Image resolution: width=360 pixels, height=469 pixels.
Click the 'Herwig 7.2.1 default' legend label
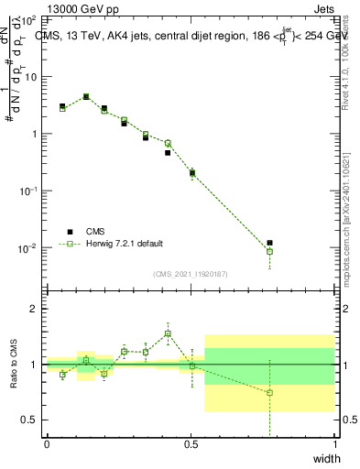(125, 244)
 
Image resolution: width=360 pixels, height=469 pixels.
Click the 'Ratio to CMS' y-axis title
(13, 365)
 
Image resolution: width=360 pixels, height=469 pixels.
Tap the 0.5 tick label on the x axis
(191, 444)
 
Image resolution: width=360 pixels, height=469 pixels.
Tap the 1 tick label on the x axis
(335, 444)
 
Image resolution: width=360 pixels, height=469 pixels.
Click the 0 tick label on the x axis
(47, 444)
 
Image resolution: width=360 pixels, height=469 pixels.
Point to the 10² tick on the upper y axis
(27, 19)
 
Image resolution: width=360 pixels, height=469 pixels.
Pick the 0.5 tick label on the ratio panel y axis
(27, 420)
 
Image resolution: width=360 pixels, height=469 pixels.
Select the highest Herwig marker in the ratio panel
(168, 334)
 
